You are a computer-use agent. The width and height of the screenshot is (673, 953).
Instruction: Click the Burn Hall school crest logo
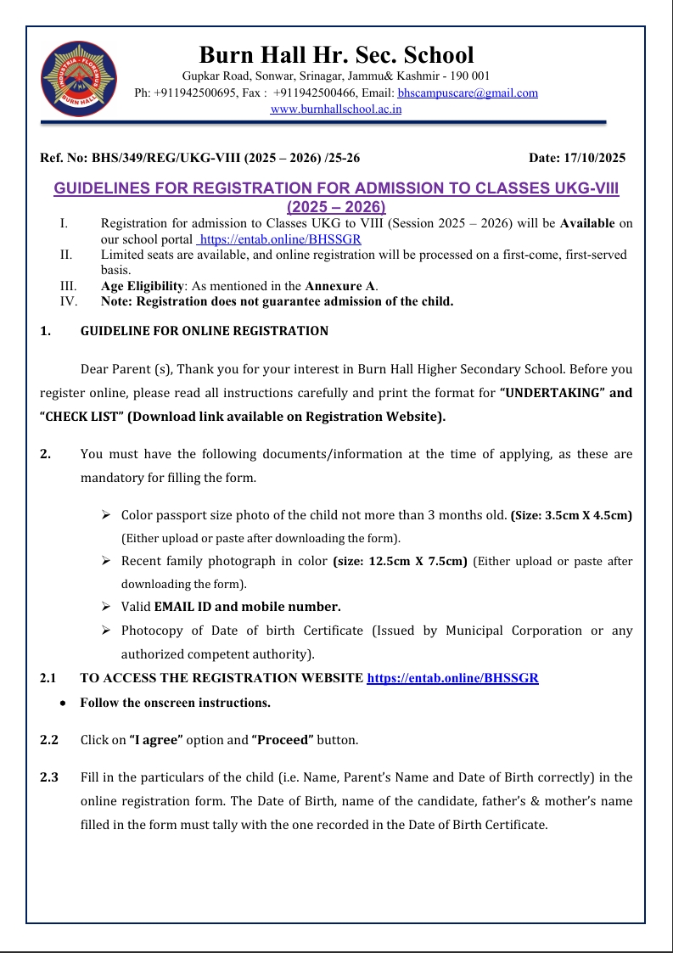(79, 79)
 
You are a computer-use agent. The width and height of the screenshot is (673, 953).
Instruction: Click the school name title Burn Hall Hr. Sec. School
(336, 55)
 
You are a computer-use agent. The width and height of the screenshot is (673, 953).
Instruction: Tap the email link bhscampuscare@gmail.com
(468, 93)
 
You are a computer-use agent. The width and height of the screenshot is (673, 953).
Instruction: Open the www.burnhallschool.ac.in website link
(336, 109)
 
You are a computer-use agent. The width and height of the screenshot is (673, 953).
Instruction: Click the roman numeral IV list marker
(69, 300)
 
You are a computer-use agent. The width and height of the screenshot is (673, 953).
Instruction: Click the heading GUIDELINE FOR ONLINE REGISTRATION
(204, 331)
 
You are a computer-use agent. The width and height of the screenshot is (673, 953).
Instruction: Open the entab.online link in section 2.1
(452, 678)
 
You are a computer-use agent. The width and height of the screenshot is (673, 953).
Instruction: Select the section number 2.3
(49, 777)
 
